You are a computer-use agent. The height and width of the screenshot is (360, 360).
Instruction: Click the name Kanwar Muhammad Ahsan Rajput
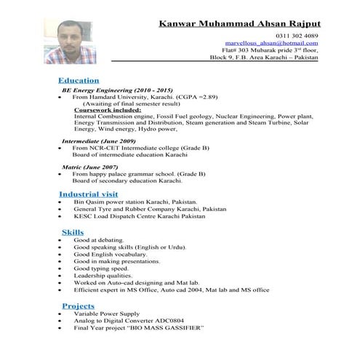click(240, 24)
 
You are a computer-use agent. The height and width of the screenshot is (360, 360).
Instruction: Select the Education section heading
click(79, 79)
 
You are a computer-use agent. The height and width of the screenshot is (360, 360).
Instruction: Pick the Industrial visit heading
click(88, 194)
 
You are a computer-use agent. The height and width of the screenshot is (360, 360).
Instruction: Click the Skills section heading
click(73, 231)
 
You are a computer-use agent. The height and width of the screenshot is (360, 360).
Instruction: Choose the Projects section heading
click(79, 305)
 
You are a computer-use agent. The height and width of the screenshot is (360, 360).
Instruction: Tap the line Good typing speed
click(100, 268)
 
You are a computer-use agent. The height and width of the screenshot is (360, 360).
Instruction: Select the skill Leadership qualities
click(105, 275)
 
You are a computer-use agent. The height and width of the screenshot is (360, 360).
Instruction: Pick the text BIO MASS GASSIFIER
click(171, 327)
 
